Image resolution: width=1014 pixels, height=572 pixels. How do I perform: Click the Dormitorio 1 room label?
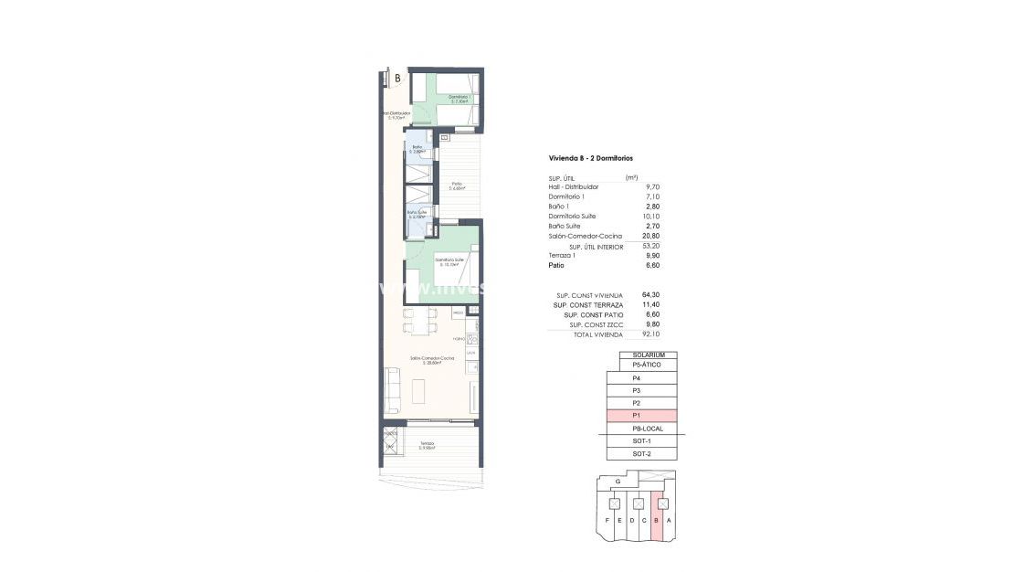(x=459, y=98)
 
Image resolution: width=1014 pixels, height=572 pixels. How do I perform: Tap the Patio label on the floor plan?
(x=456, y=185)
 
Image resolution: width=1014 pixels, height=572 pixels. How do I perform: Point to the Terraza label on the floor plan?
(x=427, y=445)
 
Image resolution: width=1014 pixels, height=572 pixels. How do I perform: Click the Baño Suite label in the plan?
(x=417, y=214)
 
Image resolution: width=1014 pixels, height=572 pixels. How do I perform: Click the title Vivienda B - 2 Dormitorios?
(x=591, y=158)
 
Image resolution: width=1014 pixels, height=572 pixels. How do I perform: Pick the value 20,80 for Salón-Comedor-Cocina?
(x=651, y=236)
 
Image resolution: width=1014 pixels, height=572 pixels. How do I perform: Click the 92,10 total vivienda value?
(x=651, y=335)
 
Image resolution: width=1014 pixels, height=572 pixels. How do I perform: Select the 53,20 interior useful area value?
(x=651, y=246)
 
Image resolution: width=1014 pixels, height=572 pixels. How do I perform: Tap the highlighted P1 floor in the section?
(x=641, y=416)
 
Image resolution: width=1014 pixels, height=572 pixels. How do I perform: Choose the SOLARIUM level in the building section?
(x=648, y=355)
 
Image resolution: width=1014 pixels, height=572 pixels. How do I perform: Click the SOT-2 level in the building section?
(x=641, y=454)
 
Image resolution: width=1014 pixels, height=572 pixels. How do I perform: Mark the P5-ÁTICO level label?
(x=648, y=365)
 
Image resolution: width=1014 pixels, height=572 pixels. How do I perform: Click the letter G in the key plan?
(x=618, y=481)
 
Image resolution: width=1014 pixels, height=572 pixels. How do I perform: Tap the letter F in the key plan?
(x=607, y=521)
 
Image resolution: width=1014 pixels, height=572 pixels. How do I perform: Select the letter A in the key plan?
(x=670, y=521)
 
